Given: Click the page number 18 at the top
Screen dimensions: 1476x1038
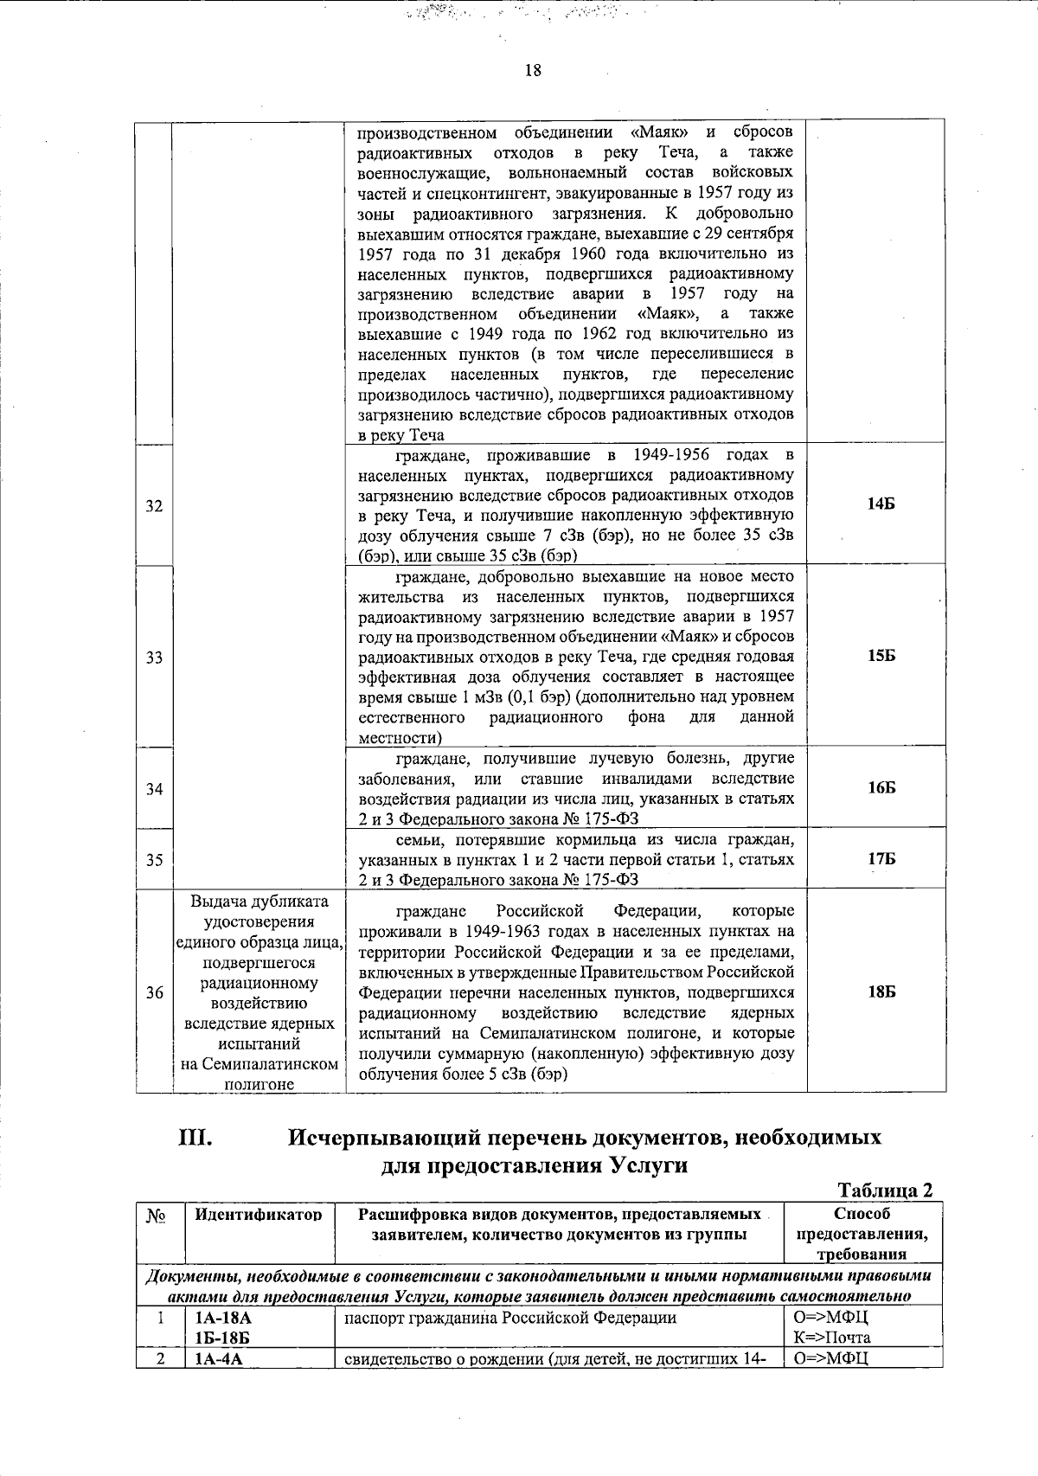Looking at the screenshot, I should click(x=533, y=71).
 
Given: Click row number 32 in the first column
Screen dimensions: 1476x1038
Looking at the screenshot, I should click(x=154, y=506).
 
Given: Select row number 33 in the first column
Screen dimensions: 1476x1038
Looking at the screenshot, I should click(x=154, y=658).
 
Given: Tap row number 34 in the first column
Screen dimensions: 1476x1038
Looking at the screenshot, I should click(x=154, y=789).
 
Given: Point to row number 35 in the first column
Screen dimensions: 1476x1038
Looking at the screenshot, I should click(x=154, y=860).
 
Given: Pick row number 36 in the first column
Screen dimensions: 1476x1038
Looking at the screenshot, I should click(x=154, y=993).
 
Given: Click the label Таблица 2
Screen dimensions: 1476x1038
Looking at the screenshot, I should click(x=886, y=1191).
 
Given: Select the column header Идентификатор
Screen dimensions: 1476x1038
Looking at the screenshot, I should click(x=259, y=1215).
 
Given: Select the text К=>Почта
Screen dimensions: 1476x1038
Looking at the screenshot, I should click(x=831, y=1338).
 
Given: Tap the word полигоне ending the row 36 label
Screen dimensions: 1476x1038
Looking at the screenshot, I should click(x=259, y=1085).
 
